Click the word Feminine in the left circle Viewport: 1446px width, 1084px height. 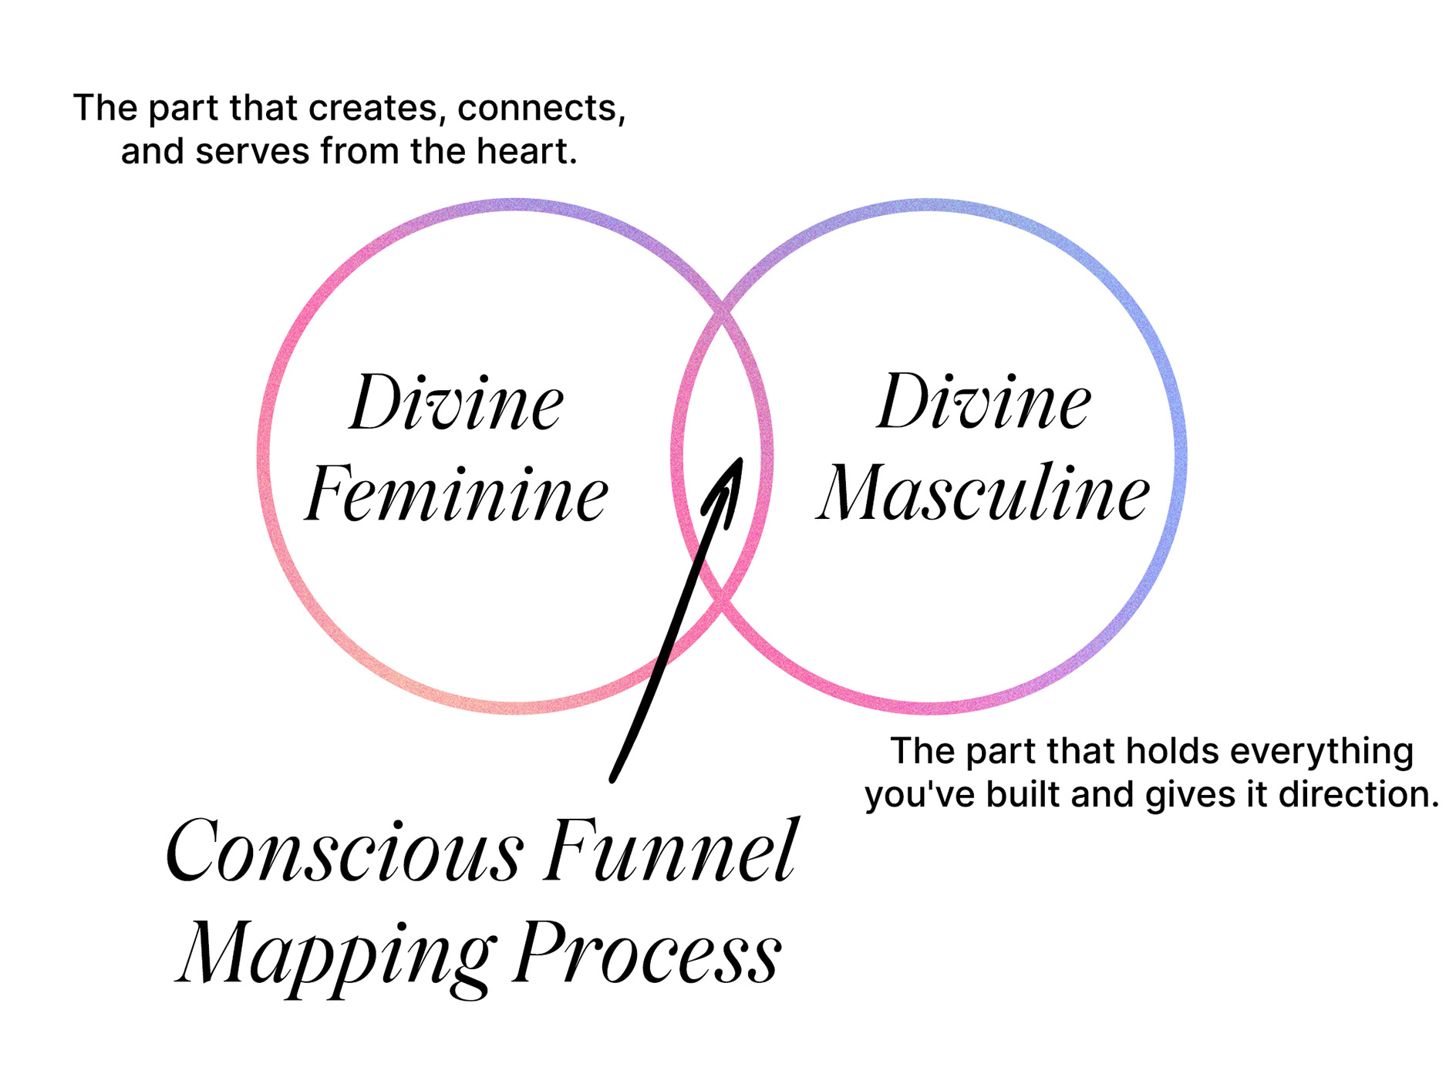click(x=457, y=494)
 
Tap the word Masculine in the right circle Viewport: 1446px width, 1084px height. click(x=984, y=493)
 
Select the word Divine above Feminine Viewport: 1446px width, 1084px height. click(x=457, y=403)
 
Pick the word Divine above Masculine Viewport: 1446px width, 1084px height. click(x=984, y=402)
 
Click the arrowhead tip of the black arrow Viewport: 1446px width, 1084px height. click(x=740, y=460)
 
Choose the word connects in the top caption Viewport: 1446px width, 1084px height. click(x=541, y=108)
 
